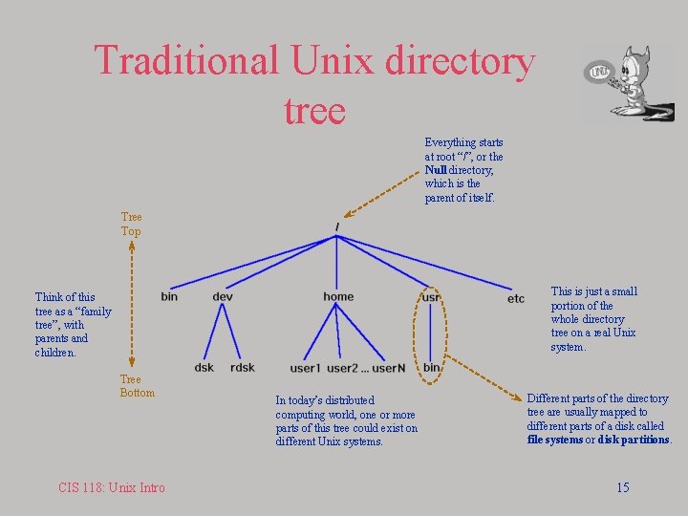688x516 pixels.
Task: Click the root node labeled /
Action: coord(337,226)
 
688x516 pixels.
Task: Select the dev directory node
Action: coord(223,297)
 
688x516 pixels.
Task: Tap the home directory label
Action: coord(338,297)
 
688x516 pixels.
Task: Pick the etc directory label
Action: coord(516,299)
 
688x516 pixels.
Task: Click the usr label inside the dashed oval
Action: coord(431,297)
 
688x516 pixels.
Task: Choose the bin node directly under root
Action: coord(169,297)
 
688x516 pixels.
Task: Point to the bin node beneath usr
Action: coord(431,368)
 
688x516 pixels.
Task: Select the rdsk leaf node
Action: coord(243,368)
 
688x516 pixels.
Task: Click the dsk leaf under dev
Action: coord(204,368)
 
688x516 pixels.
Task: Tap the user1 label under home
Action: coord(305,369)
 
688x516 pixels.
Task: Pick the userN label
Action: coord(389,369)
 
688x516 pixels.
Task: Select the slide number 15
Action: coord(622,487)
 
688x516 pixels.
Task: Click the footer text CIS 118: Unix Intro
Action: coord(111,487)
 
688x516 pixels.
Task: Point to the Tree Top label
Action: coord(131,225)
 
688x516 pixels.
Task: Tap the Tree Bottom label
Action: coord(137,386)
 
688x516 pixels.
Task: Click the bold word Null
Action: coord(437,170)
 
